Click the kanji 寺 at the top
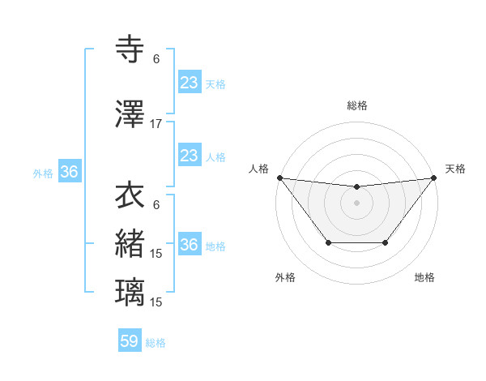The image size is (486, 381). (x=130, y=49)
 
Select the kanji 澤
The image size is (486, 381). (x=130, y=115)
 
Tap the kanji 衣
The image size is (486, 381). (x=130, y=195)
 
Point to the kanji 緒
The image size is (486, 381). (x=130, y=243)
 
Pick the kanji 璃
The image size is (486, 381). (x=130, y=292)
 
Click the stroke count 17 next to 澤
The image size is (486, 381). (x=156, y=124)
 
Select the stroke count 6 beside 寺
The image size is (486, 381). (x=156, y=58)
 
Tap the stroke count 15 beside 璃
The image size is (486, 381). (x=156, y=302)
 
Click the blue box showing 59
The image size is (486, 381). (x=130, y=341)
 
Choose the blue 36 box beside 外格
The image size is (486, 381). (x=69, y=172)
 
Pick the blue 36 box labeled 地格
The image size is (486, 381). (x=189, y=245)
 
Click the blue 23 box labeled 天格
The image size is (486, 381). (x=189, y=82)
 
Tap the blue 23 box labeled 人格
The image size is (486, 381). (x=189, y=156)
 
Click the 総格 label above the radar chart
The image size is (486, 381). (x=356, y=105)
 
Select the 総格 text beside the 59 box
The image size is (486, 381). (x=156, y=343)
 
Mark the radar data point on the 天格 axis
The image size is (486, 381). (x=433, y=178)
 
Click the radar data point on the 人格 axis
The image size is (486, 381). (x=279, y=178)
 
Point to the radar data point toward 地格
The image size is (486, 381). (x=386, y=242)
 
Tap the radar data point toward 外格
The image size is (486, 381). (x=328, y=242)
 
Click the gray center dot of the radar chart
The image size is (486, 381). (x=356, y=203)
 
